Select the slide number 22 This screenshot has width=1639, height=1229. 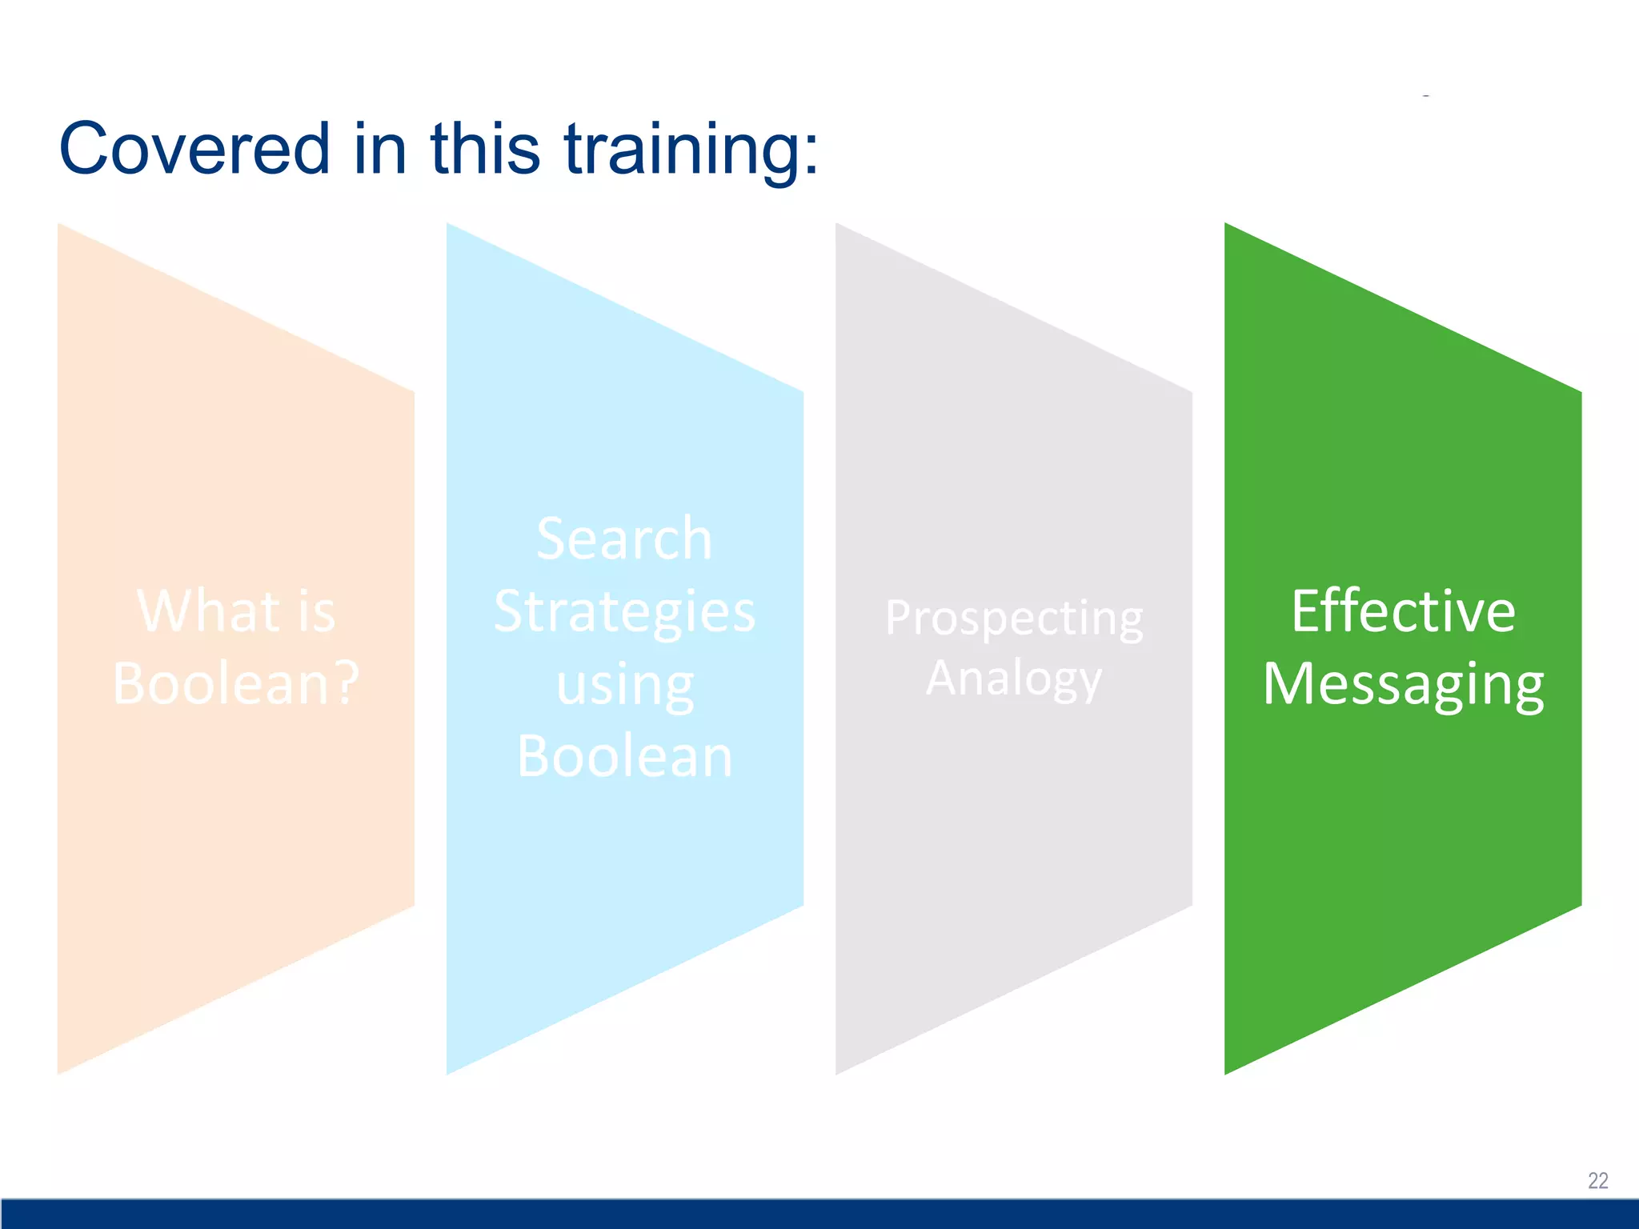1597,1180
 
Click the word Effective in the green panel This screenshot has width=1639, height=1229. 1403,611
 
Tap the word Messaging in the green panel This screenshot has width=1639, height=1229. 1403,685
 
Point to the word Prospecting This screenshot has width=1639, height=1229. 1014,619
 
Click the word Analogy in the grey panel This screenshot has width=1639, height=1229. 1014,679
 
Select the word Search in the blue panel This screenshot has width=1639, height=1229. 624,538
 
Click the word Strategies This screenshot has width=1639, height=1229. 624,611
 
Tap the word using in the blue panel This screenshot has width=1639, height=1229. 624,686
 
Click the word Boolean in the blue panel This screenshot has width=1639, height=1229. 624,756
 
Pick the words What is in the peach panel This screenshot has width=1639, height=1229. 236,611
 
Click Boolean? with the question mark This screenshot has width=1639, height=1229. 236,683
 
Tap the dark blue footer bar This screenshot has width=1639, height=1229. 819,1213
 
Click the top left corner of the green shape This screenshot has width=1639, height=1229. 1228,227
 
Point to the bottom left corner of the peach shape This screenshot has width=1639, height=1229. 61,1070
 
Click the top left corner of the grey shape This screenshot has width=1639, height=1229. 839,227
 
